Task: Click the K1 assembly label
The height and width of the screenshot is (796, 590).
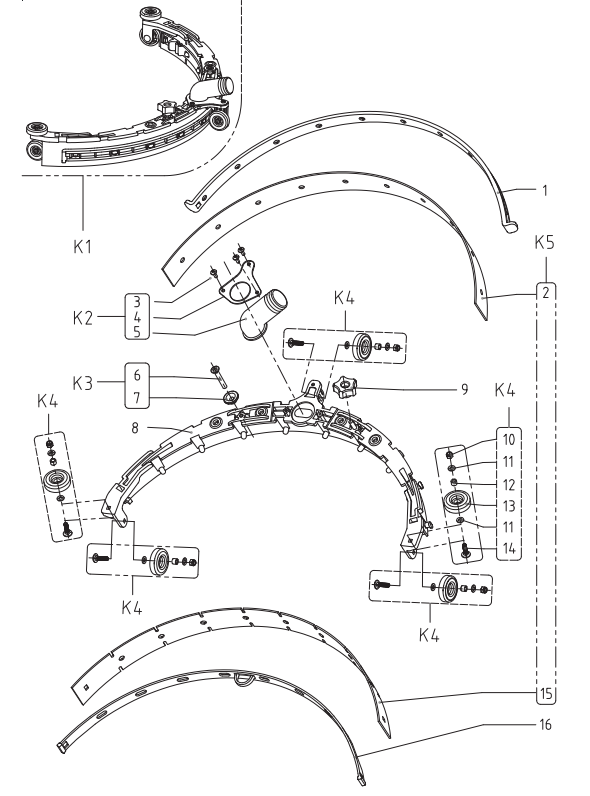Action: (83, 246)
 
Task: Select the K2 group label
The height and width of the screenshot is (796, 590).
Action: (83, 318)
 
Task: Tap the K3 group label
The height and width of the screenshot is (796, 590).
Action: (83, 383)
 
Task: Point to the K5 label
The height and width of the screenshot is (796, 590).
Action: (544, 242)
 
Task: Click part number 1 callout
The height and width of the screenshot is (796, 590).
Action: (545, 190)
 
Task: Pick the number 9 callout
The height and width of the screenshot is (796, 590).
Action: (464, 389)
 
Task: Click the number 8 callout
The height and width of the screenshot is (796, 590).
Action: (135, 428)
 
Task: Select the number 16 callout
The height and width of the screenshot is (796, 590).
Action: (545, 724)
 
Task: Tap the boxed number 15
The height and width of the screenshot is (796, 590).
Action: (546, 693)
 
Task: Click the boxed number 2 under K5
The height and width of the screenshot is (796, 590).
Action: (546, 293)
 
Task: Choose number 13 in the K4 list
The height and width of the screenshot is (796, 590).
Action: (509, 506)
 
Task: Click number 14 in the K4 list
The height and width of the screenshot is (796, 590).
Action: (509, 548)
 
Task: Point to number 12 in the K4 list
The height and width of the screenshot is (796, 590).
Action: (509, 485)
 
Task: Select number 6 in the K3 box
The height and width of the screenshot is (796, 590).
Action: (137, 375)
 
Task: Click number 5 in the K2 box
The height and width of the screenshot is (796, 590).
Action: (137, 332)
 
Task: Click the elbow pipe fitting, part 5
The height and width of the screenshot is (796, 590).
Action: (263, 315)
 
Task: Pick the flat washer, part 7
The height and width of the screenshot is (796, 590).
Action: (232, 395)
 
